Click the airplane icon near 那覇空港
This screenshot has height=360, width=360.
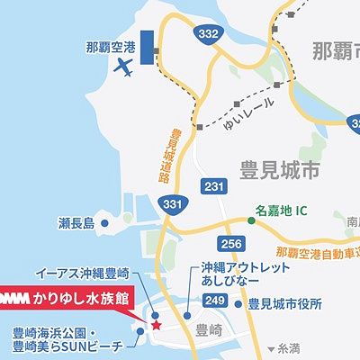(124, 67)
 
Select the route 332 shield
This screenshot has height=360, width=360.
(206, 33)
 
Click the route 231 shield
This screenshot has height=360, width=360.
(213, 186)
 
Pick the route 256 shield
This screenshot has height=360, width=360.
(232, 244)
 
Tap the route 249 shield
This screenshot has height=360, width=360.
(214, 300)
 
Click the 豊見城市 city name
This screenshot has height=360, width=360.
(280, 169)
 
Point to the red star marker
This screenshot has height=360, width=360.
(155, 324)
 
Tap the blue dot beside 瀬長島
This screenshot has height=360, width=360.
(104, 222)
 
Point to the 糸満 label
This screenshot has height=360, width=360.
(289, 347)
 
